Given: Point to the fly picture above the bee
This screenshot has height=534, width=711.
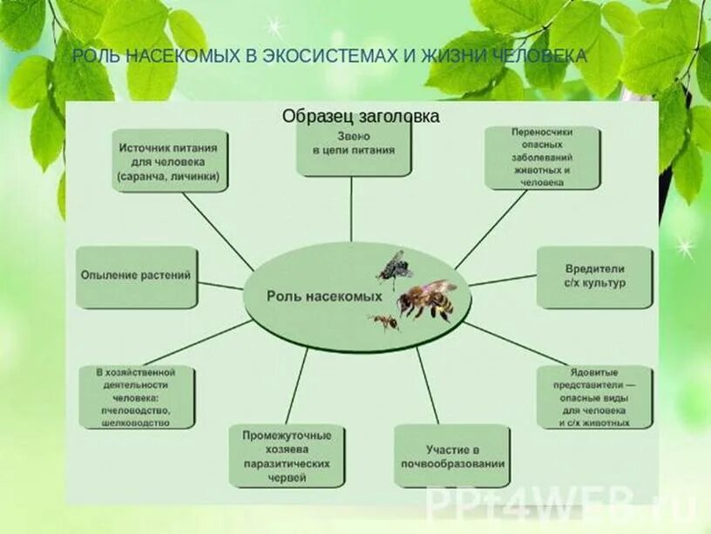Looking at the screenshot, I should click(396, 267).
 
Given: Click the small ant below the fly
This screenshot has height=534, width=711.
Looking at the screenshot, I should click(384, 321).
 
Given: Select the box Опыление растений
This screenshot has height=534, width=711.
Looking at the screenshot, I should click(136, 276).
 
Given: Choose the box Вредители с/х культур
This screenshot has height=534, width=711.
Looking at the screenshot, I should click(594, 276).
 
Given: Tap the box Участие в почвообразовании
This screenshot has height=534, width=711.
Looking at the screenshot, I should click(452, 456).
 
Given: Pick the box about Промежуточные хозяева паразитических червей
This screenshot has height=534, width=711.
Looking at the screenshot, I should click(287, 456).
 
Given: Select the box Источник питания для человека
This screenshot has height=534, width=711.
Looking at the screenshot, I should click(170, 160).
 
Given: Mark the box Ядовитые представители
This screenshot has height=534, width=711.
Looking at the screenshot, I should click(594, 396).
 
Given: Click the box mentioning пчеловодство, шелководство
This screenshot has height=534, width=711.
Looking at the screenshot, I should click(136, 396).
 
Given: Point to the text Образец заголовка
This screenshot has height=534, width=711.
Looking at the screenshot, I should click(360, 116).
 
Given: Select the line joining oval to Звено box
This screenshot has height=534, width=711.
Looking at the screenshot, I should click(352, 209).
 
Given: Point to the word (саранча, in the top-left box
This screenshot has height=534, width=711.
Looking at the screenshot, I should click(142, 176).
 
